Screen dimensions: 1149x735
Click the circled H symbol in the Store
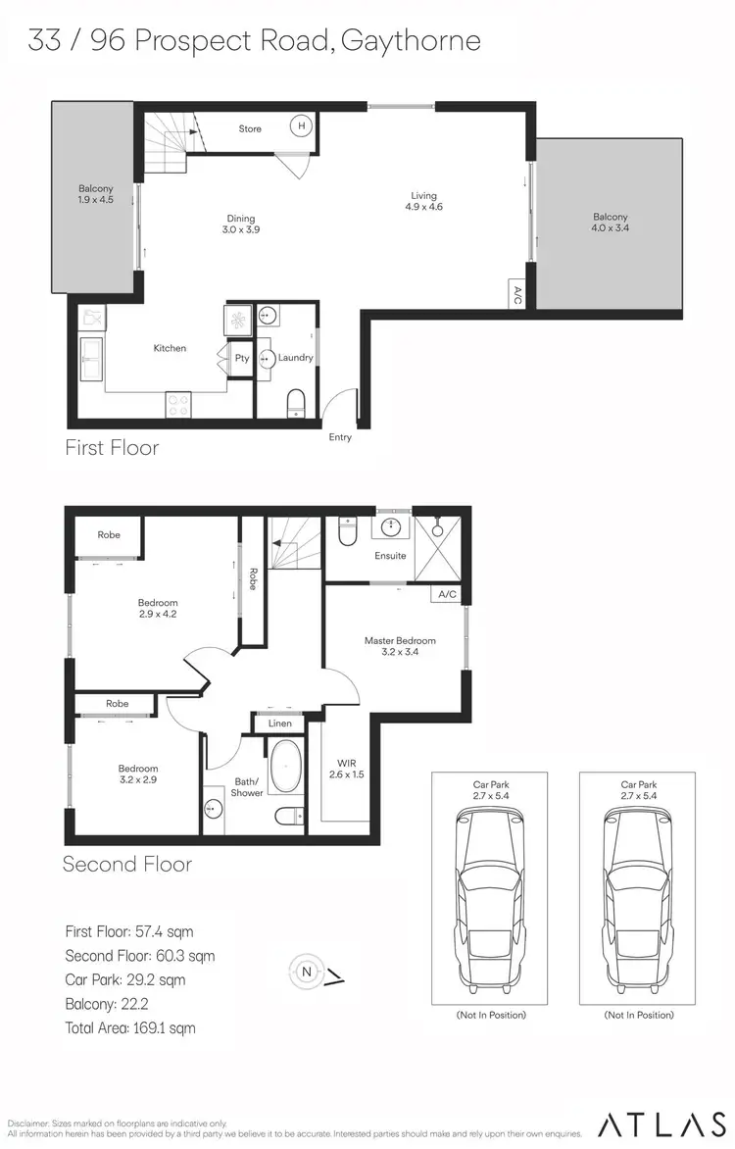[302, 126]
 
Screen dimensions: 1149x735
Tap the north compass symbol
[307, 972]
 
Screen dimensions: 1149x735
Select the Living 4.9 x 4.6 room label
[423, 202]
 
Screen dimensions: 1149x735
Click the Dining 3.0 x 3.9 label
[240, 224]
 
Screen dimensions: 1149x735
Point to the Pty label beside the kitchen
[242, 359]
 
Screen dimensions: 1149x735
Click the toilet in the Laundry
[296, 403]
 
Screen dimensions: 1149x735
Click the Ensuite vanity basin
[394, 526]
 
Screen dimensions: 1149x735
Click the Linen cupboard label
[279, 724]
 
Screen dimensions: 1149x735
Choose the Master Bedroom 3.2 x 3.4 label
[400, 646]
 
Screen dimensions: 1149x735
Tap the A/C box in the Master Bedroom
[448, 595]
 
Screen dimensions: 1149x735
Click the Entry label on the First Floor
[340, 437]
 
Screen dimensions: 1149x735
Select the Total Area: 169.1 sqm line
[130, 1028]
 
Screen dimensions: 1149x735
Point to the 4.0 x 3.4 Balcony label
[610, 223]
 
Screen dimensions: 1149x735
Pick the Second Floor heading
[127, 864]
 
